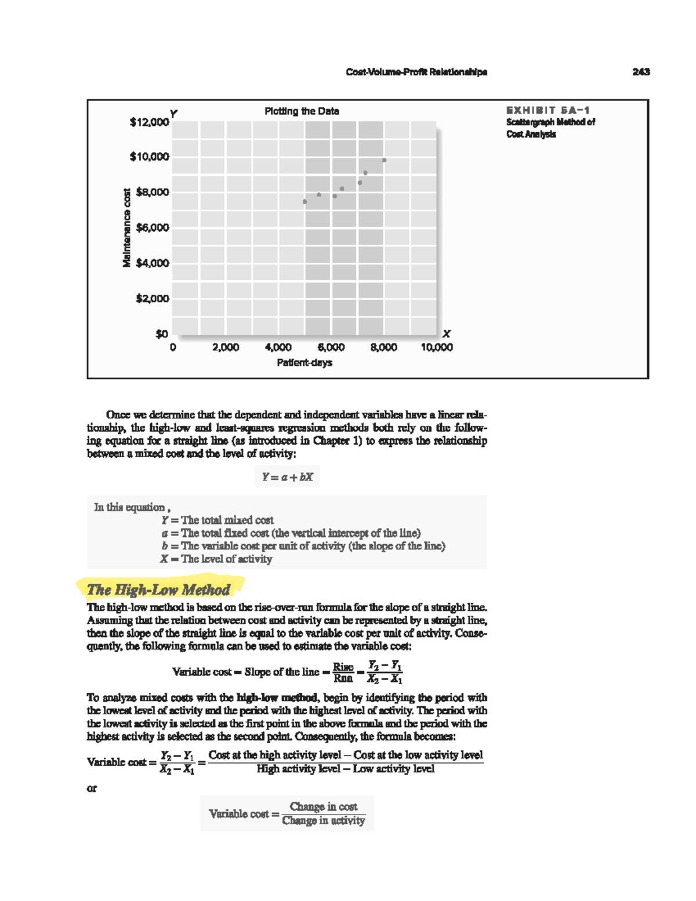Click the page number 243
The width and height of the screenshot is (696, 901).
641,72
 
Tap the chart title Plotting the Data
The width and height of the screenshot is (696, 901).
302,111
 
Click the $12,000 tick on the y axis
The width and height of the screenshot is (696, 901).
149,122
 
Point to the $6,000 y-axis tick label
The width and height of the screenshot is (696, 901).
152,228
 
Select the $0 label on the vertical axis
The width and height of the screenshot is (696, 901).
161,334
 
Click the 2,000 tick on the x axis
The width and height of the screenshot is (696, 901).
226,348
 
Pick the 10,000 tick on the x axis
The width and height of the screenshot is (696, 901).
437,348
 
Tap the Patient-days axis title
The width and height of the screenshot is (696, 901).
304,363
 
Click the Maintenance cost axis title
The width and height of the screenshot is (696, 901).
126,228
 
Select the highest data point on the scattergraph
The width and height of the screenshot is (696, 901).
384,160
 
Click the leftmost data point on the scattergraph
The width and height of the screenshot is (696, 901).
305,202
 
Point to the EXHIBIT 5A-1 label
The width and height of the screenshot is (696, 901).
548,110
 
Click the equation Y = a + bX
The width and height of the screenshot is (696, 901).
287,477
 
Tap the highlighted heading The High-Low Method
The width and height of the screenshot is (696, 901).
158,590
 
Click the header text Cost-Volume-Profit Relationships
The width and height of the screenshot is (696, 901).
416,72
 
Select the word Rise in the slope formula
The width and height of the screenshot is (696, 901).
343,667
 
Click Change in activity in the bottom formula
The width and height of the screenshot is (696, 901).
324,820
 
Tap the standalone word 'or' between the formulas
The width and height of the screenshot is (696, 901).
92,788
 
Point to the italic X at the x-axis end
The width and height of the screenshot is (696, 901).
446,334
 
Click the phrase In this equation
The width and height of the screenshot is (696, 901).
130,507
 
